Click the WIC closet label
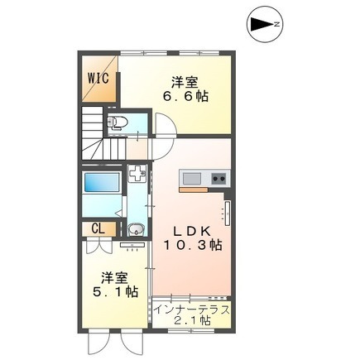(x=98, y=79)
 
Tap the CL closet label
(x=98, y=228)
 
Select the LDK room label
(x=192, y=231)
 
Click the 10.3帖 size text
(x=193, y=244)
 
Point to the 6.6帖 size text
(x=185, y=96)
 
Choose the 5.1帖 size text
(x=115, y=291)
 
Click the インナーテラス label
(x=192, y=310)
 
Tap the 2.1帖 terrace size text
(x=192, y=320)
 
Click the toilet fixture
(x=117, y=122)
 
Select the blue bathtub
(x=102, y=182)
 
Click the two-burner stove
(x=219, y=179)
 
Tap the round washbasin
(x=136, y=229)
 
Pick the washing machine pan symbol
(x=137, y=174)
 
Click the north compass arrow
(x=263, y=24)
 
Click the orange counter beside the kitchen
(x=194, y=190)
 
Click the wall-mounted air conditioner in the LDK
(x=228, y=214)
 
